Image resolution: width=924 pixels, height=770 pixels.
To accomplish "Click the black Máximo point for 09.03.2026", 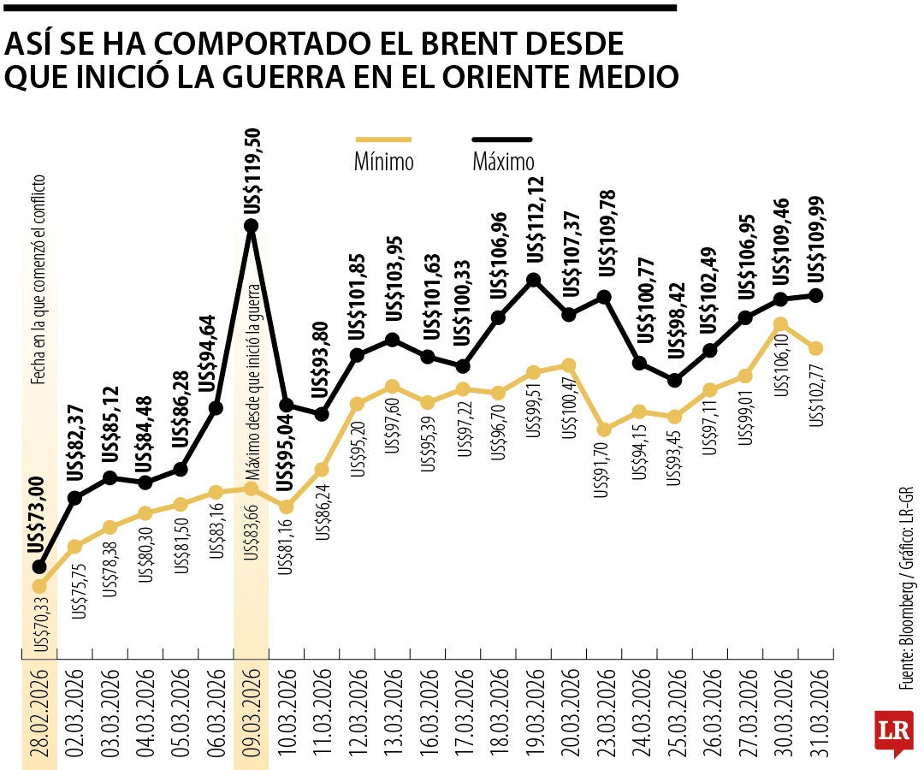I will pos(251,226).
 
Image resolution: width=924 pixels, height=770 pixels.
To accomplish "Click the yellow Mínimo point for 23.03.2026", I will pos(604,429).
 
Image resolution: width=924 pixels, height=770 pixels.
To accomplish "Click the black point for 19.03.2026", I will pos(533,279).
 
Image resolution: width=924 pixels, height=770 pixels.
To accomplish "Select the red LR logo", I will pos(892,732).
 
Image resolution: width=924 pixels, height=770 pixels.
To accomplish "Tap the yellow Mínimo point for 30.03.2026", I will pos(779,324).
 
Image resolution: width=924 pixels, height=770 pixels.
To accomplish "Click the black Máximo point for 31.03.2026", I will pos(815,295).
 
